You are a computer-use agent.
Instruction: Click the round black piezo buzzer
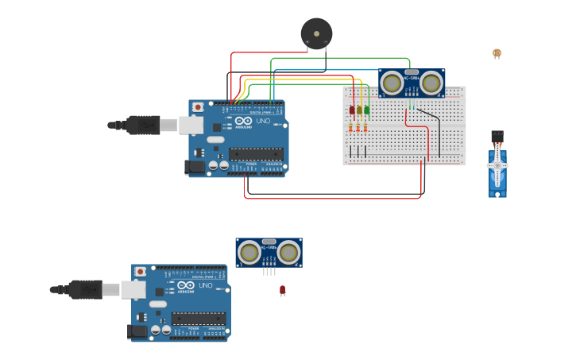(316, 34)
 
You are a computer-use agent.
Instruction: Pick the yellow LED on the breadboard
(359, 110)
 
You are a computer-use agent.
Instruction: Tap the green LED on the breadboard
(366, 110)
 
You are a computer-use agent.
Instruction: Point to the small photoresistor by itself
(497, 53)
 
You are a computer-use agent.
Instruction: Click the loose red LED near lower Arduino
(282, 291)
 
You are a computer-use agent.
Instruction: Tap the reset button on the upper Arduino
(198, 106)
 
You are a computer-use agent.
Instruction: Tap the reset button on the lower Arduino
(141, 271)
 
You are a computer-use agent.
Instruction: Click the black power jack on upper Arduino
(194, 167)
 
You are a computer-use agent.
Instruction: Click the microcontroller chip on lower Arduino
(198, 319)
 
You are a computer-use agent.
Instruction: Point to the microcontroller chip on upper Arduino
(255, 153)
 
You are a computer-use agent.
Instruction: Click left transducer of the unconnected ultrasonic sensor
(249, 253)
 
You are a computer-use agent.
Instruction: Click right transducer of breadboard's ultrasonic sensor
(431, 82)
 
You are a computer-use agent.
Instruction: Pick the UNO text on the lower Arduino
(206, 285)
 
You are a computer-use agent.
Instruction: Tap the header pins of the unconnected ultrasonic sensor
(269, 272)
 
